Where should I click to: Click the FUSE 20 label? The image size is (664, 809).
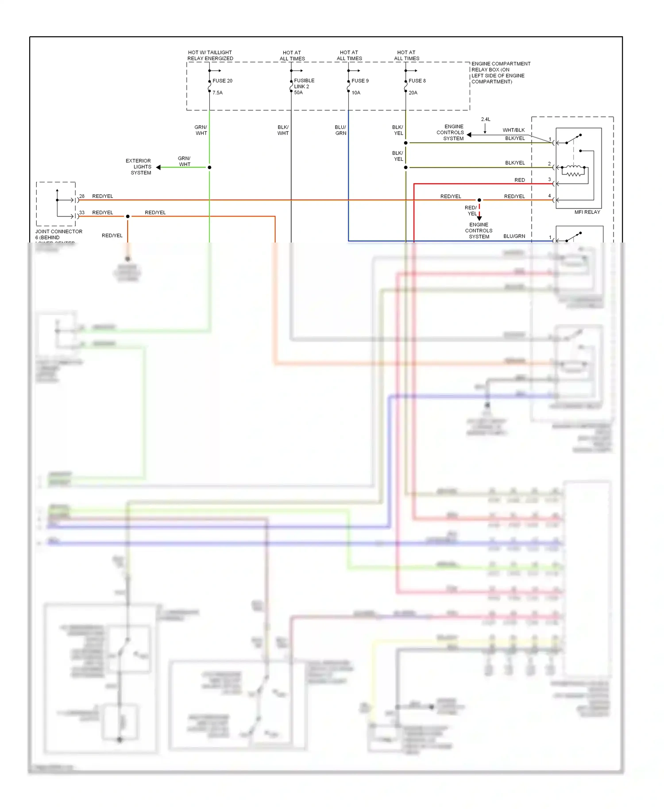[222, 81]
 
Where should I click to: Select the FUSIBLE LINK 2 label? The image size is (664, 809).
[304, 83]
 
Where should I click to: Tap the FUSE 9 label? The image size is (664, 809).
[360, 81]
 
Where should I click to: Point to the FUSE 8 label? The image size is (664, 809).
[417, 81]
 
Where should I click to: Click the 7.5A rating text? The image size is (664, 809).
[217, 92]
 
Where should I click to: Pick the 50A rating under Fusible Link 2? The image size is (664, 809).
[298, 92]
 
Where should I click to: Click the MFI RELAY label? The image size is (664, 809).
[587, 212]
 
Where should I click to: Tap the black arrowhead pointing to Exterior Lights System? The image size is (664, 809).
[158, 167]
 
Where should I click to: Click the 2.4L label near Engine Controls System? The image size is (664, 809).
[486, 119]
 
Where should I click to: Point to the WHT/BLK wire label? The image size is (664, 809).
[513, 130]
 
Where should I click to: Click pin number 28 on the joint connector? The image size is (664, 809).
[82, 196]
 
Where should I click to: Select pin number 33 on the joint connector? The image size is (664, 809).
[82, 212]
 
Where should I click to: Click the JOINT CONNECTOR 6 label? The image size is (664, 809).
[58, 234]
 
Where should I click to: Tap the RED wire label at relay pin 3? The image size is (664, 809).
[520, 180]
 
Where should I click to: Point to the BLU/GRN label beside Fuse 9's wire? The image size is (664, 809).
[340, 130]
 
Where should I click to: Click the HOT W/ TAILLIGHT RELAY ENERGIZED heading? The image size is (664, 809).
[210, 55]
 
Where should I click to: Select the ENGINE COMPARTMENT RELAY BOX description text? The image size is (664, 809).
[500, 73]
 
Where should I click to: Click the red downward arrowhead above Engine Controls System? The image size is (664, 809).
[479, 218]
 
